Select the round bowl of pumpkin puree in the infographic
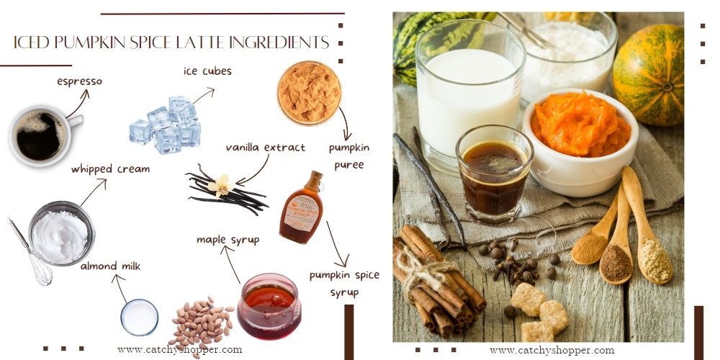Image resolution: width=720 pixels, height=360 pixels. pyautogui.click(x=309, y=93)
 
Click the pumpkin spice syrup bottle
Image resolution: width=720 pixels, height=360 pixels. pyautogui.click(x=302, y=210)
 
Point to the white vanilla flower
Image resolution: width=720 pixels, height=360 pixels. pyautogui.click(x=220, y=186)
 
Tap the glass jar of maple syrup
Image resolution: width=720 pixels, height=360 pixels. pyautogui.click(x=269, y=306)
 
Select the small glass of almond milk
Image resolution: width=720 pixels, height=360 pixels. pyautogui.click(x=140, y=317)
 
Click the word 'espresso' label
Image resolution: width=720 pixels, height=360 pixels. pyautogui.click(x=79, y=81)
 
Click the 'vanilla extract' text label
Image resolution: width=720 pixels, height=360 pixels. pyautogui.click(x=265, y=148)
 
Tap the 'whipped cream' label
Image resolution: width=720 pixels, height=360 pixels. pyautogui.click(x=110, y=169)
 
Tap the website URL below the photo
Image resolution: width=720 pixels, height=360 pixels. pyautogui.click(x=552, y=350)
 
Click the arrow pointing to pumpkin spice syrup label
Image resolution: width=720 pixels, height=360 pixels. pyautogui.click(x=337, y=245)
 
